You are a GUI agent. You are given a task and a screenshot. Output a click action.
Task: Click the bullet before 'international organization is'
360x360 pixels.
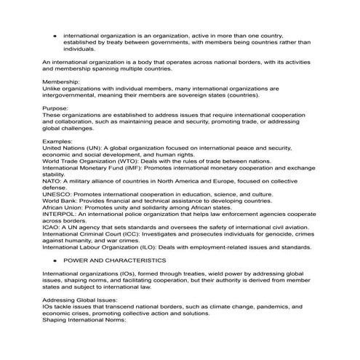[55, 35]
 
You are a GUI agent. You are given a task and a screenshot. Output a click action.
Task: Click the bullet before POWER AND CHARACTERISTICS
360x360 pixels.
[55, 260]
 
